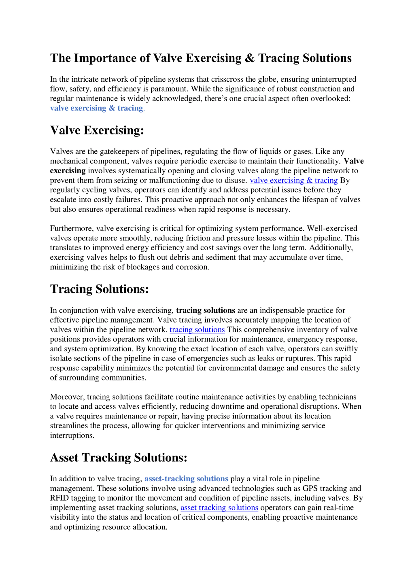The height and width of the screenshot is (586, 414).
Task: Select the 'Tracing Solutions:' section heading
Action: [x=99, y=289]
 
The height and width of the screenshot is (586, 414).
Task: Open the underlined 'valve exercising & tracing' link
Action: [x=294, y=180]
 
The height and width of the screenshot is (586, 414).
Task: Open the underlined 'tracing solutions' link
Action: [x=197, y=330]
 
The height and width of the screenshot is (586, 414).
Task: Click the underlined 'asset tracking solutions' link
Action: [x=219, y=507]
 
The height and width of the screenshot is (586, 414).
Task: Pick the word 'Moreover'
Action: [x=67, y=397]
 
